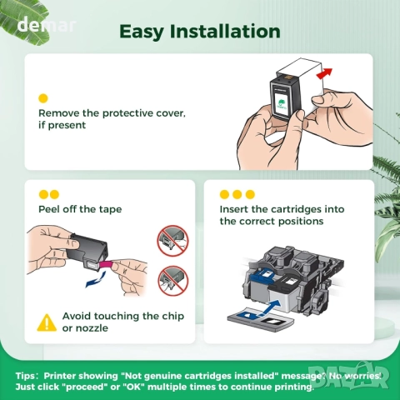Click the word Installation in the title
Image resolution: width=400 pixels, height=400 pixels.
(x=225, y=31)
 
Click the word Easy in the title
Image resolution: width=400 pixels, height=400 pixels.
(x=141, y=32)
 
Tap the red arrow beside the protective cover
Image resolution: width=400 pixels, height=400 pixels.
(x=324, y=73)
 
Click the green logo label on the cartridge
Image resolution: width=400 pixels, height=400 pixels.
(x=282, y=104)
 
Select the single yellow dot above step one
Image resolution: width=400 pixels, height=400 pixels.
(x=43, y=98)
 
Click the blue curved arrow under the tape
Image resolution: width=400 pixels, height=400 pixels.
(x=96, y=280)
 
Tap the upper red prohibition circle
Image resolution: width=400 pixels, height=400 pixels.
(x=172, y=241)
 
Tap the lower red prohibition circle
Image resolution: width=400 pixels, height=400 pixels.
(x=173, y=281)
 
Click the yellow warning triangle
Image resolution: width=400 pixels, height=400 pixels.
(x=47, y=322)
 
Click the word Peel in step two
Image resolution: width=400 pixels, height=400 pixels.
(x=49, y=209)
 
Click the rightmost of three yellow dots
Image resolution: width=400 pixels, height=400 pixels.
(x=250, y=194)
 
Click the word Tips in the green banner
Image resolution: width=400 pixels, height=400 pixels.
(x=26, y=376)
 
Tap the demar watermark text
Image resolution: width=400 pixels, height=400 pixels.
(x=47, y=25)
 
